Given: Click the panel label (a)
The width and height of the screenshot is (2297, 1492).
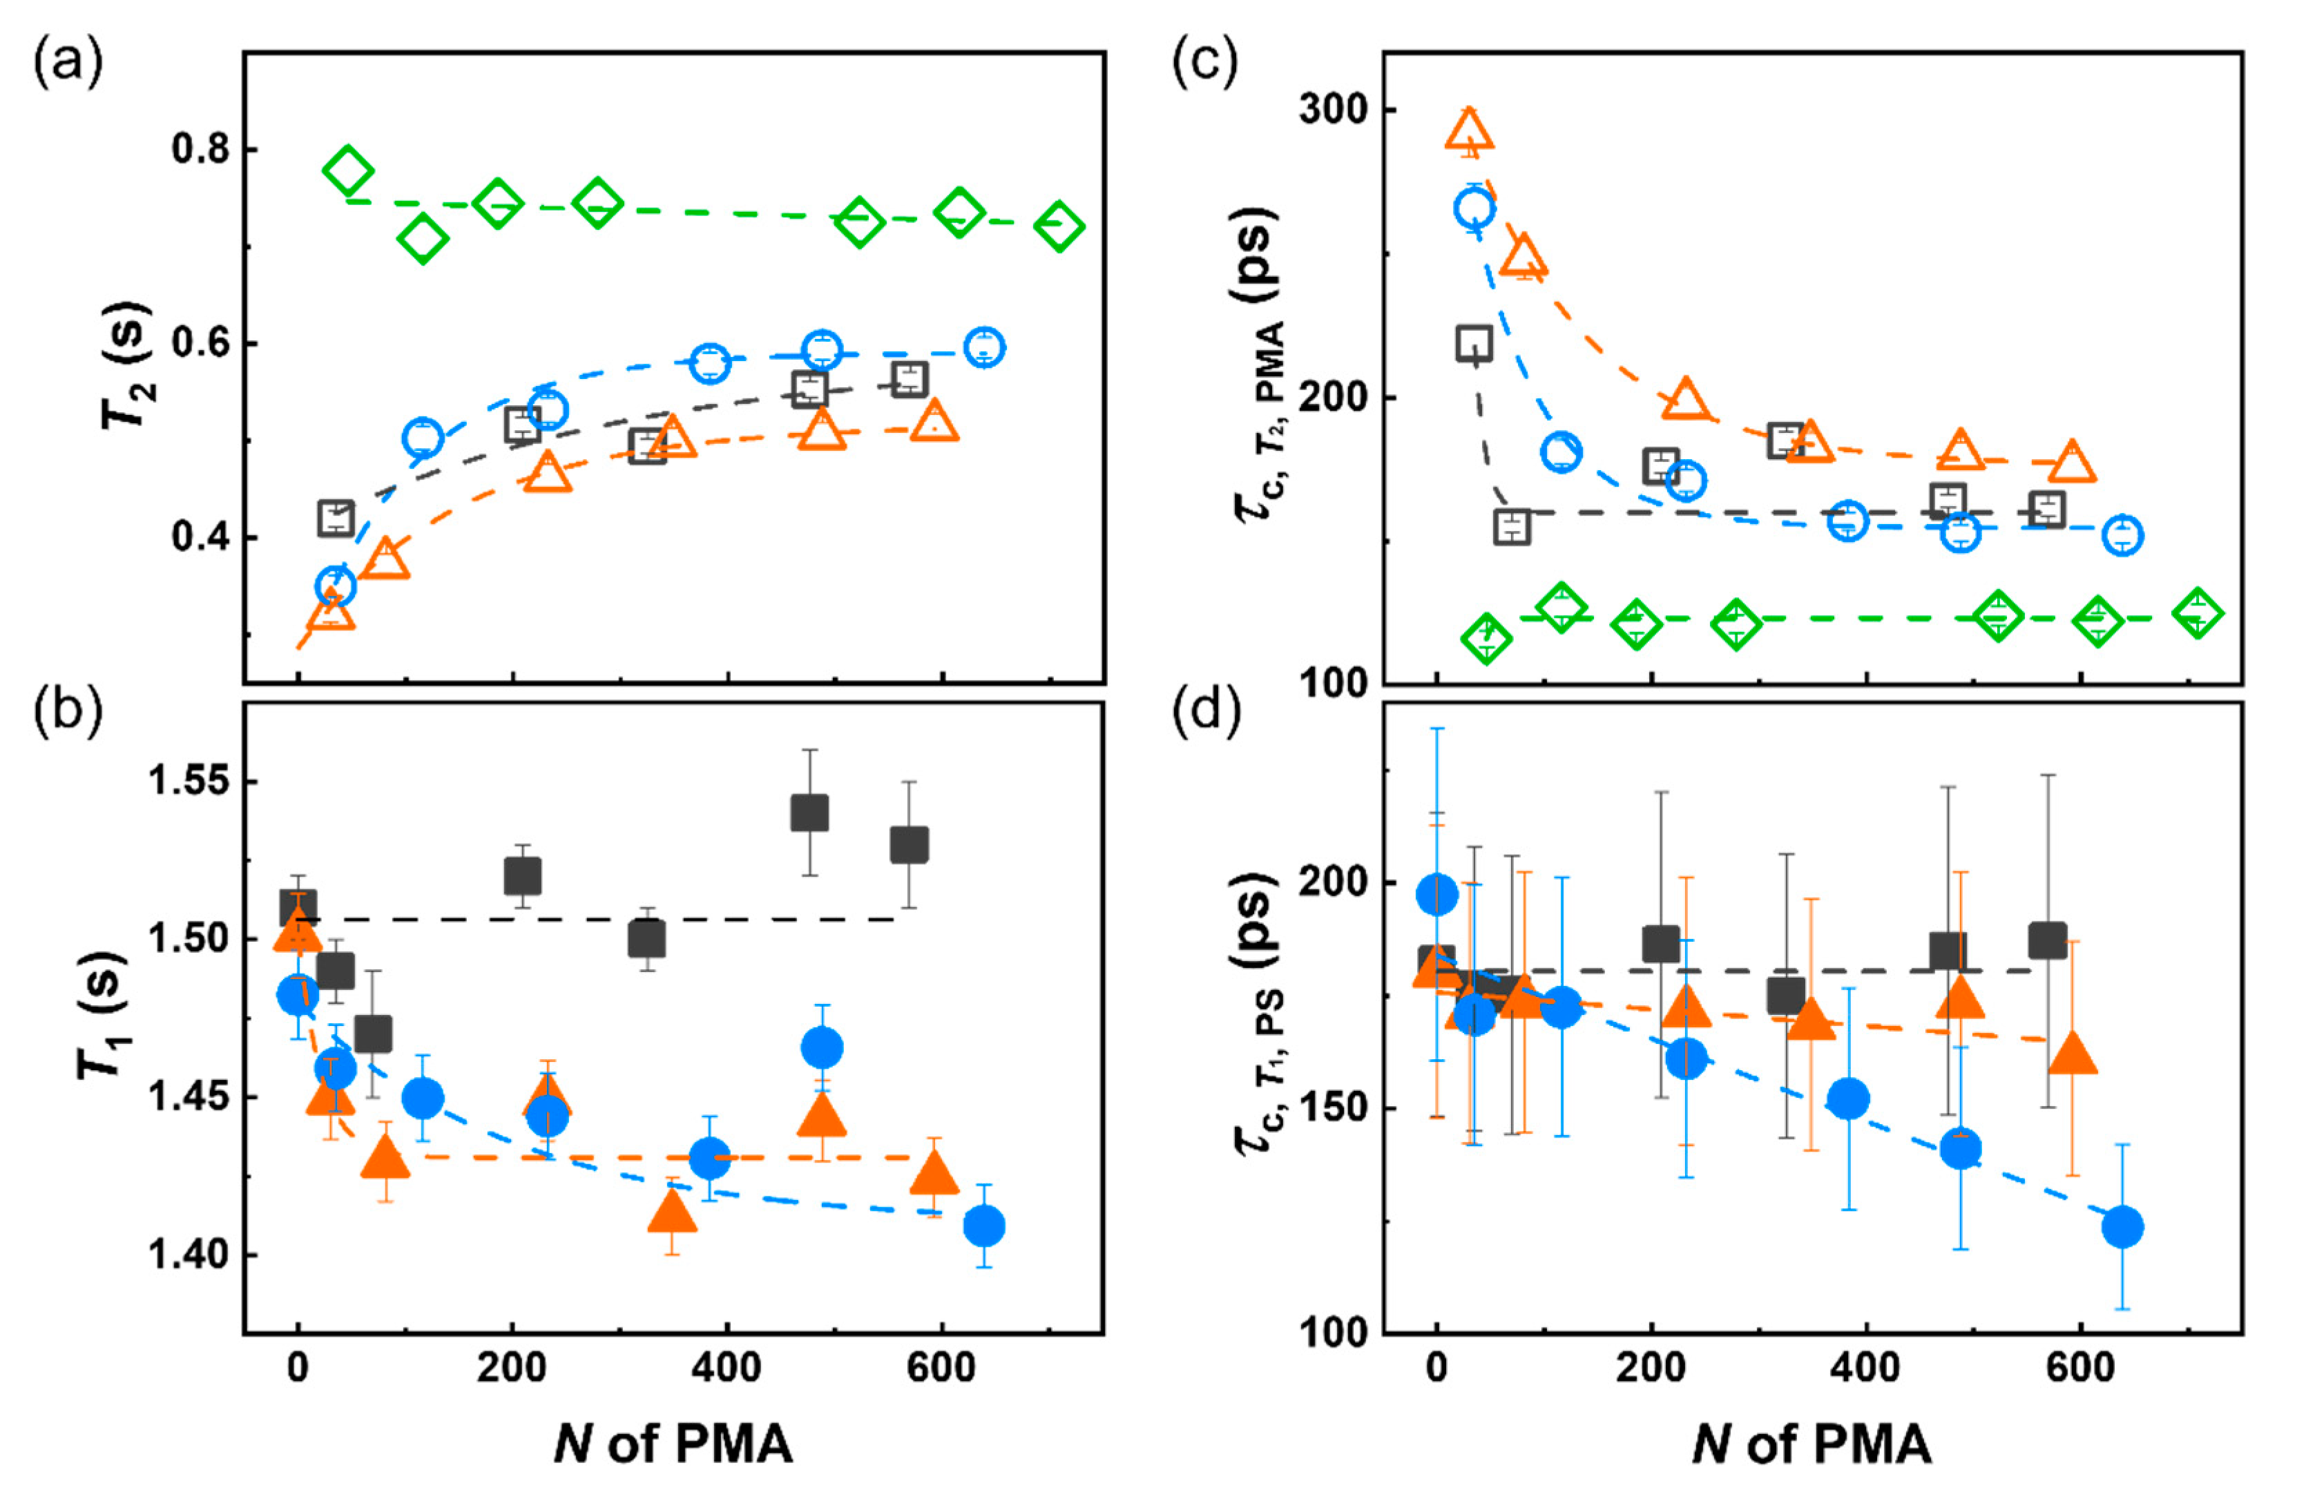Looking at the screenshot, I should pos(68,65).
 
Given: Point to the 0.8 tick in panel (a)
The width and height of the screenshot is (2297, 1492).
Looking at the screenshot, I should pos(201,150).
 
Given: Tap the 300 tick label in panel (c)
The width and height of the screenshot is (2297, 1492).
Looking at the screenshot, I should pos(1334,109).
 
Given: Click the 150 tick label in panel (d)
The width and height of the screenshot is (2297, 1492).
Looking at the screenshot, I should pos(1334,1107).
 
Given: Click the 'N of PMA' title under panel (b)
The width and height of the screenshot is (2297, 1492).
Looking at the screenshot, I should pos(673,1444).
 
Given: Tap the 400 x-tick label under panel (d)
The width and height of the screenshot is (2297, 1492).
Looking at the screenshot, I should pos(1865,1368).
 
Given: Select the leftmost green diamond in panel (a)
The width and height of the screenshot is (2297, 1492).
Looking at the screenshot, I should pos(347,173).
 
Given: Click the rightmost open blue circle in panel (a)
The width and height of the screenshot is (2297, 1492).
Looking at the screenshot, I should pos(983,347).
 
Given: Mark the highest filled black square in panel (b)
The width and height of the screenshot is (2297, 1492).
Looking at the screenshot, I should pos(809,813).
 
